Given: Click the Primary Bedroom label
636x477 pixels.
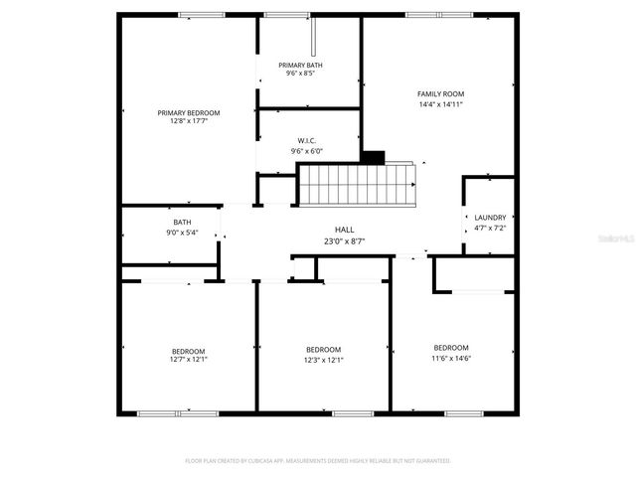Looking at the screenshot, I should pyautogui.click(x=189, y=113).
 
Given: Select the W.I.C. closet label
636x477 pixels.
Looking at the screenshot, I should pyautogui.click(x=307, y=141).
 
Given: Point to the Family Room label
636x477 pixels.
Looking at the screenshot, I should pyautogui.click(x=441, y=93).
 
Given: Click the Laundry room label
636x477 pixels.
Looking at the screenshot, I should pyautogui.click(x=490, y=218).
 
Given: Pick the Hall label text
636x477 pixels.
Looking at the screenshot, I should pyautogui.click(x=344, y=230).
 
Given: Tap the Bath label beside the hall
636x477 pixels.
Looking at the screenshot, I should pyautogui.click(x=182, y=223).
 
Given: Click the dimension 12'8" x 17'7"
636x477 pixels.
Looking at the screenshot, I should pyautogui.click(x=189, y=122).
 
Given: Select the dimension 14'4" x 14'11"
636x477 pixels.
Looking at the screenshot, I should pyautogui.click(x=441, y=103).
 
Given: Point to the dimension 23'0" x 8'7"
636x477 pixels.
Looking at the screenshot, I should pyautogui.click(x=344, y=239).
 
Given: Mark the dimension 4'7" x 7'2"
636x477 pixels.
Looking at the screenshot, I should pyautogui.click(x=490, y=228).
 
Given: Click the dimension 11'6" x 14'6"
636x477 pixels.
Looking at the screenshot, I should pyautogui.click(x=451, y=358).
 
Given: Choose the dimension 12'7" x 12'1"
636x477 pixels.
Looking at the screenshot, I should pyautogui.click(x=189, y=360).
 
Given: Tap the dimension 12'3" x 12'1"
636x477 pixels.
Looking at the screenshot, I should pyautogui.click(x=323, y=360).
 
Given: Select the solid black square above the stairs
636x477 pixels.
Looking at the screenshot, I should pyautogui.click(x=373, y=157).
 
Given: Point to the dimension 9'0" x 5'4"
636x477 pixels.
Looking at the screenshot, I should pyautogui.click(x=182, y=233).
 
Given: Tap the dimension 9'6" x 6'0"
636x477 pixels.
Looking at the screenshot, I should pyautogui.click(x=307, y=151).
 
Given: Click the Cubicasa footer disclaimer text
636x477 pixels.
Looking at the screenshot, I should pyautogui.click(x=318, y=461).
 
